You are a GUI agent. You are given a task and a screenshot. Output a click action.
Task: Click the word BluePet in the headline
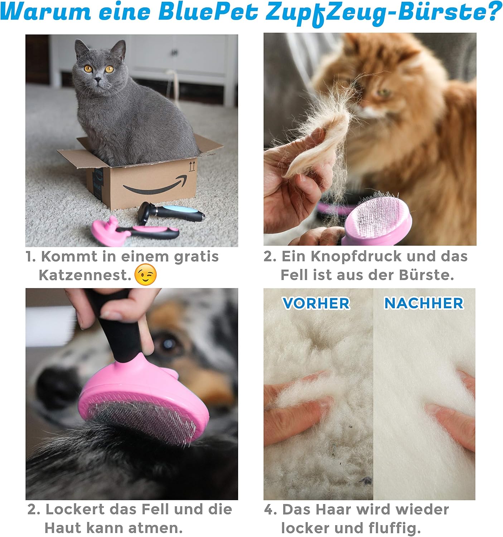click(x=208, y=12)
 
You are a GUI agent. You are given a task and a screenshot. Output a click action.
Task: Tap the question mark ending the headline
click(x=494, y=11)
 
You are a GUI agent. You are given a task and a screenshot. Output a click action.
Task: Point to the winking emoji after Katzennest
click(x=146, y=275)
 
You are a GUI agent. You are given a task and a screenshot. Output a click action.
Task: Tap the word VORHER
click(x=316, y=304)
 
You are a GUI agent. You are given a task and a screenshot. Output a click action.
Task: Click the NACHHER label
click(x=424, y=303)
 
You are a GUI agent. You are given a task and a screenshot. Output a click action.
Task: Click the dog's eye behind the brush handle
click(x=167, y=344)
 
